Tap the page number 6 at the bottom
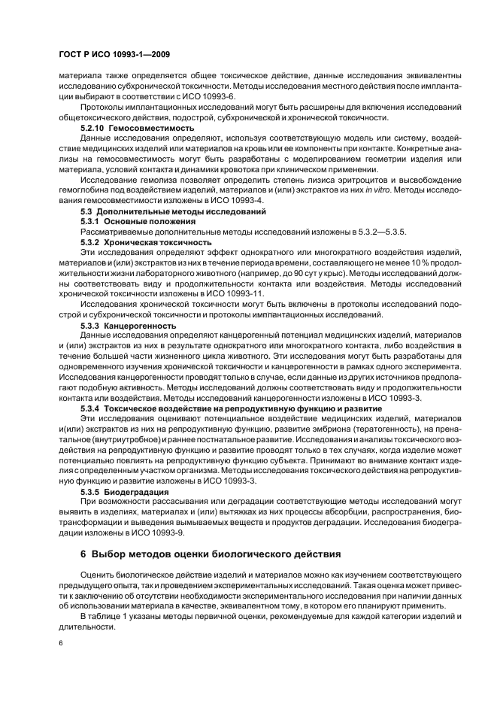(x=61, y=642)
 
